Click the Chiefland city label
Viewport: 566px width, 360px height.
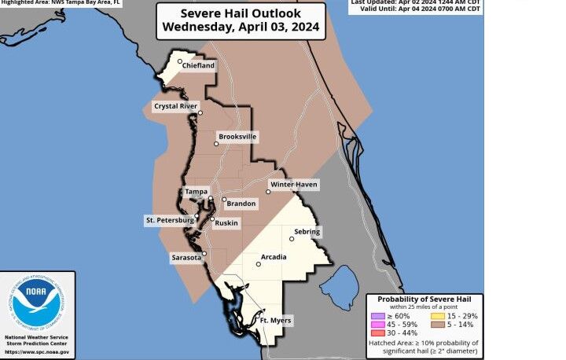click(x=199, y=67)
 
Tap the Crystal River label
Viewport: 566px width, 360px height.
click(x=176, y=105)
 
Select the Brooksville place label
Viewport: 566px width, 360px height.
click(x=237, y=136)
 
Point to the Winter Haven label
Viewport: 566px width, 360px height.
click(x=293, y=184)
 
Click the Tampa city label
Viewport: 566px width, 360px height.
click(x=196, y=192)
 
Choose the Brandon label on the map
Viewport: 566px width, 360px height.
click(x=241, y=204)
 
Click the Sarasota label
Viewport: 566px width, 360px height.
click(x=186, y=257)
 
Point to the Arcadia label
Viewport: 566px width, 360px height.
click(x=274, y=257)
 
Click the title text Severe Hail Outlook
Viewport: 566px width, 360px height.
click(x=240, y=13)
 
